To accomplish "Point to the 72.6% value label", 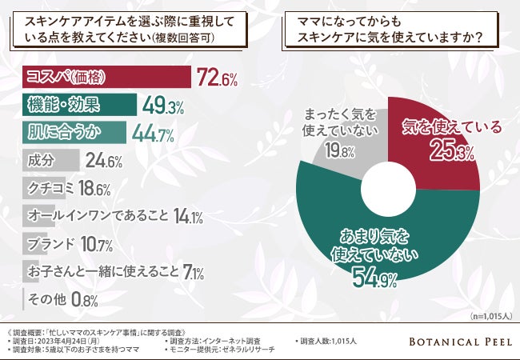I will (215, 78).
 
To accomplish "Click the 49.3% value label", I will (163, 105).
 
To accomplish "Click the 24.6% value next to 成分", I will (103, 162).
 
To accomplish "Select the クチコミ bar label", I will (50, 189).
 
